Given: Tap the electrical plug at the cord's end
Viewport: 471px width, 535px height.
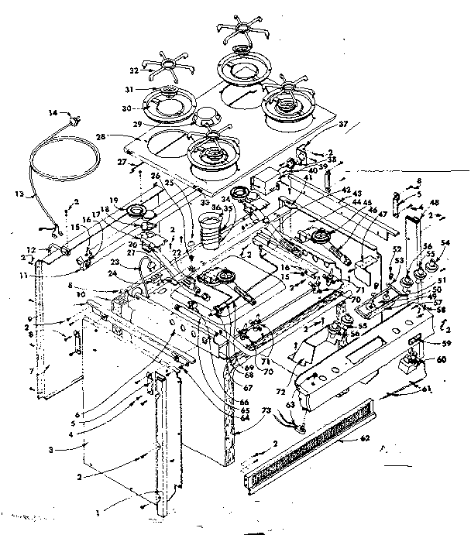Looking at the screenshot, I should point(76,119).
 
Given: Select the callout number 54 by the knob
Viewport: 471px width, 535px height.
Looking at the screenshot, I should point(445,243).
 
